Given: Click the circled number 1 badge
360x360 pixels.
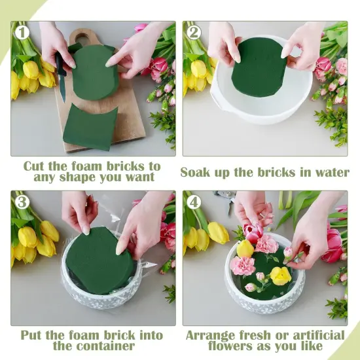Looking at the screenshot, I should click(22, 32).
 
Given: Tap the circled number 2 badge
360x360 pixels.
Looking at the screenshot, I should click(194, 32).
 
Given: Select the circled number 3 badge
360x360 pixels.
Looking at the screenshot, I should click(22, 202).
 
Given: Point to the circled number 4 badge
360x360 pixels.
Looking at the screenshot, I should click(194, 202).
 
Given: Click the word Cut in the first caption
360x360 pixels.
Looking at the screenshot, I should click(36, 166).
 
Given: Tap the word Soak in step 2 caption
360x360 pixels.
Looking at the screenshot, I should click(198, 172).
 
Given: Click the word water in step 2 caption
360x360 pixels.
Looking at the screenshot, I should click(329, 172).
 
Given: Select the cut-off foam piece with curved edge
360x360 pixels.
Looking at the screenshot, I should click(91, 126).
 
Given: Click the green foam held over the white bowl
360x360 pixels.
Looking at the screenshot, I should click(259, 67).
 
